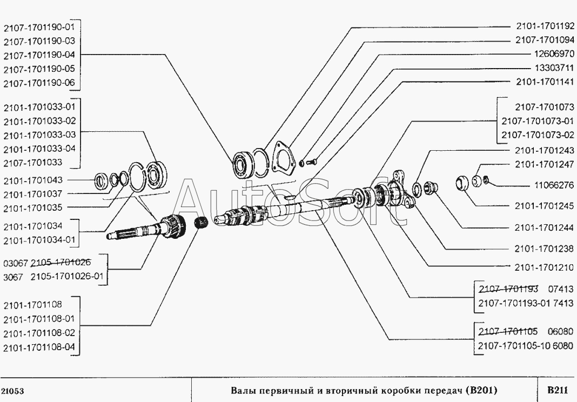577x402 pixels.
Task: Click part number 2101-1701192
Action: pos(542,26)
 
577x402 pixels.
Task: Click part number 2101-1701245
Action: pos(542,206)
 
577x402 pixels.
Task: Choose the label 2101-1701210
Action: pos(542,266)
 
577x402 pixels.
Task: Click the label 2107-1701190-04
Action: pos(41,55)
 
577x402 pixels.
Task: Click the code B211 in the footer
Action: pos(556,390)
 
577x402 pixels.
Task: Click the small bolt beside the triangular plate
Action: pos(311,159)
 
